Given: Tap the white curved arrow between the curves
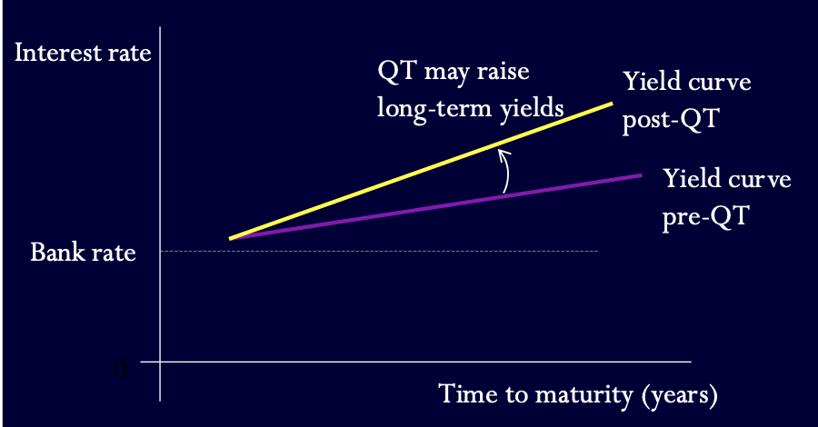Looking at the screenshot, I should pos(505,173).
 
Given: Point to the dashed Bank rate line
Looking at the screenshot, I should pos(409,251).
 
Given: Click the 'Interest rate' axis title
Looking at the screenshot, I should pos(83,52).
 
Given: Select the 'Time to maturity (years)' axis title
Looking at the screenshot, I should pos(579,395).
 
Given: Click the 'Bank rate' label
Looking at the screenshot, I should pos(83,252).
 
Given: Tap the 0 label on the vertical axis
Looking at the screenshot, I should pos(121,368).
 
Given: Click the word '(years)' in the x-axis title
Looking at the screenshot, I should pos(680,395).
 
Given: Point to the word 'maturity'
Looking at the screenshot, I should pos(581,395).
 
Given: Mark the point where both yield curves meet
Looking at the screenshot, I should pos(231,239).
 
